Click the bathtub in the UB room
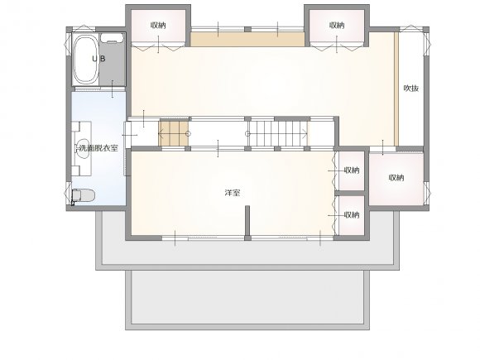tap(86, 60)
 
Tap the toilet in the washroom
tap(84, 196)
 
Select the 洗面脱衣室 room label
tap(98, 148)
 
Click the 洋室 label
tap(233, 193)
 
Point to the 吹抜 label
tap(410, 89)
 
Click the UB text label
tap(98, 59)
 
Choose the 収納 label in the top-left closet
tap(158, 26)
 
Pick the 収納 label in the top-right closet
tap(337, 26)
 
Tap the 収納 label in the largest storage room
tap(396, 178)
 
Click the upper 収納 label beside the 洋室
tap(352, 170)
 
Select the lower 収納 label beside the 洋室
tap(352, 215)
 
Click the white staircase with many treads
tap(278, 133)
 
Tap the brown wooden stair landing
tap(173, 133)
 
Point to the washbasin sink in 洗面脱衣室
tap(83, 149)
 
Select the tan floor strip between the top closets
tap(247, 40)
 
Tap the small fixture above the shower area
tap(112, 38)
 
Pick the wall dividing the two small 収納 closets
tap(350, 193)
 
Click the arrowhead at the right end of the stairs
tap(305, 133)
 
